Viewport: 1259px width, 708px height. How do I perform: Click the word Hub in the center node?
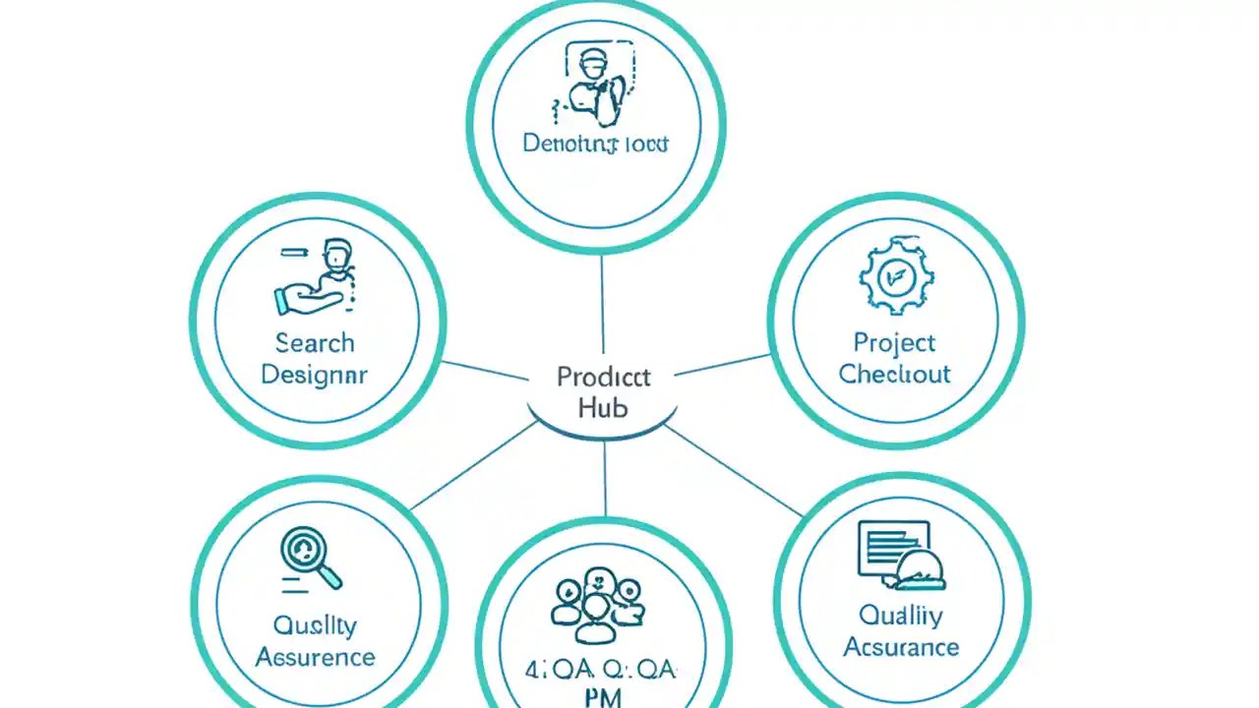pyautogui.click(x=603, y=407)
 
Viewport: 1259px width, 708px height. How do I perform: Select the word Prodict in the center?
pyautogui.click(x=603, y=377)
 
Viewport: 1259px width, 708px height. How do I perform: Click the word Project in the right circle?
pyautogui.click(x=894, y=343)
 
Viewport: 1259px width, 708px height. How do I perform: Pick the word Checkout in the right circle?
pyautogui.click(x=894, y=375)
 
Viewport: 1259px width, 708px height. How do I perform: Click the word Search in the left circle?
pyautogui.click(x=315, y=343)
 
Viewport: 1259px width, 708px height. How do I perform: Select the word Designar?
pyautogui.click(x=315, y=375)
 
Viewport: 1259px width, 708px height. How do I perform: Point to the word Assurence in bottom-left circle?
pyautogui.click(x=315, y=656)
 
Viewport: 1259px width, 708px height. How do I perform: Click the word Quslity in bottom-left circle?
pyautogui.click(x=315, y=624)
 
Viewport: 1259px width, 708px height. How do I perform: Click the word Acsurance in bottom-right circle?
pyautogui.click(x=900, y=647)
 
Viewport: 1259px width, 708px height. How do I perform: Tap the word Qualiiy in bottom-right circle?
pyautogui.click(x=900, y=616)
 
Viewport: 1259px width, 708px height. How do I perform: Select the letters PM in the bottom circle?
pyautogui.click(x=603, y=696)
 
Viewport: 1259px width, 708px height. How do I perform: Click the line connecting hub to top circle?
pyautogui.click(x=602, y=305)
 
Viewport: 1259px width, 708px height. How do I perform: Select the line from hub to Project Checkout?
pyautogui.click(x=723, y=365)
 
